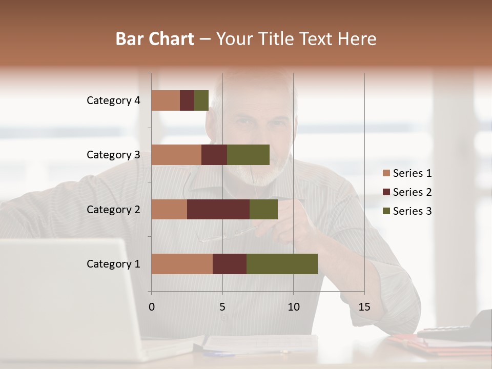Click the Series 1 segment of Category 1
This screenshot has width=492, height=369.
click(x=182, y=264)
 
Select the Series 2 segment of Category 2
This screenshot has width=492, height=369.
click(x=218, y=209)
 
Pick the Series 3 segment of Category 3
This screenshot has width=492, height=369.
click(x=248, y=155)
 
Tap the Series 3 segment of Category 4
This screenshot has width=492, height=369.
click(x=201, y=100)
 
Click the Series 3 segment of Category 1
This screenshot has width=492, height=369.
click(x=282, y=264)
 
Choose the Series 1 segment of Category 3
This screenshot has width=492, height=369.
click(x=176, y=155)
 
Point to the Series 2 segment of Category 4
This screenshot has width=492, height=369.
click(x=187, y=100)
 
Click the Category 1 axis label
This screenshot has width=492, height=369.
click(x=113, y=264)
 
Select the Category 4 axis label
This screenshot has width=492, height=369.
click(x=113, y=100)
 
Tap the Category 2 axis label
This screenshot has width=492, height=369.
click(x=113, y=209)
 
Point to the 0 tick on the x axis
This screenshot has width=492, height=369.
click(x=152, y=307)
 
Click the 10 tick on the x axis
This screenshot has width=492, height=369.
click(x=293, y=307)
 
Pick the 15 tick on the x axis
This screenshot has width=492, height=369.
click(x=364, y=307)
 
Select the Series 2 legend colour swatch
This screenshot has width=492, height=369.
click(x=386, y=192)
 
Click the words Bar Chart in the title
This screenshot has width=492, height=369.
click(x=155, y=38)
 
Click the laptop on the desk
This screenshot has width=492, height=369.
click(x=67, y=297)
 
